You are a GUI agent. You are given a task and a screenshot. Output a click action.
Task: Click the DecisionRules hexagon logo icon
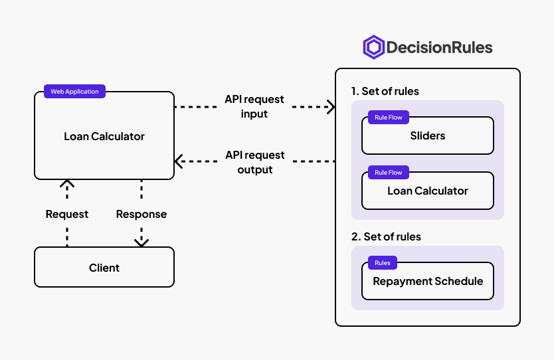tap(374, 47)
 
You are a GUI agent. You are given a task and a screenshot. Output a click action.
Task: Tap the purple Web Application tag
tap(74, 91)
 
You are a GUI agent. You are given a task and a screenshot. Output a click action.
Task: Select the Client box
tap(104, 267)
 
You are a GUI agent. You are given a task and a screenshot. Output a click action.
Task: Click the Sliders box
tap(428, 135)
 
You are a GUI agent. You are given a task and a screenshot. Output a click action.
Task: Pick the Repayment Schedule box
tap(428, 281)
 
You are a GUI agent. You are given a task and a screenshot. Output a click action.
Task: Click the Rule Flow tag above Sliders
tap(389, 118)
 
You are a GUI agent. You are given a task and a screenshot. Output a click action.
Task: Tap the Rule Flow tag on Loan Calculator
tap(389, 173)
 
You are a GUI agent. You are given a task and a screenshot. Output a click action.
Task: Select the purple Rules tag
tap(383, 263)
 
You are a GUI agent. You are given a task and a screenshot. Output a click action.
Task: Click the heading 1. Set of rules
tap(385, 91)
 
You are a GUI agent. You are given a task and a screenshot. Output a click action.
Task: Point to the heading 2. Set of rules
tap(386, 236)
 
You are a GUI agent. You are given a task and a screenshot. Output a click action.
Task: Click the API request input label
tap(254, 106)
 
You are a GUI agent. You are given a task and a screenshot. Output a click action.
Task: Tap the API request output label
tap(254, 162)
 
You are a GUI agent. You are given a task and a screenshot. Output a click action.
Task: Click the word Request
tap(67, 214)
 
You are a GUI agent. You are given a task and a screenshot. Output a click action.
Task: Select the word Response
tap(141, 214)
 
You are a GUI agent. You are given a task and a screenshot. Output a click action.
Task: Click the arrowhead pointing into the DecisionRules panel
tap(331, 107)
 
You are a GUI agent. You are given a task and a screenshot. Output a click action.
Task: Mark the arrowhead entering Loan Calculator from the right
tap(179, 161)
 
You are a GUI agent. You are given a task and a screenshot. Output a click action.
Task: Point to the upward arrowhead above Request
tap(67, 183)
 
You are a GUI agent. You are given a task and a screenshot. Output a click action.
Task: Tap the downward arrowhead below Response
tap(141, 243)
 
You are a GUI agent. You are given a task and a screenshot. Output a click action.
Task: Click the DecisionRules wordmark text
tap(440, 47)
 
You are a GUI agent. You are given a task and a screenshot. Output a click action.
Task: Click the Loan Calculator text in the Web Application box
tap(104, 136)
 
